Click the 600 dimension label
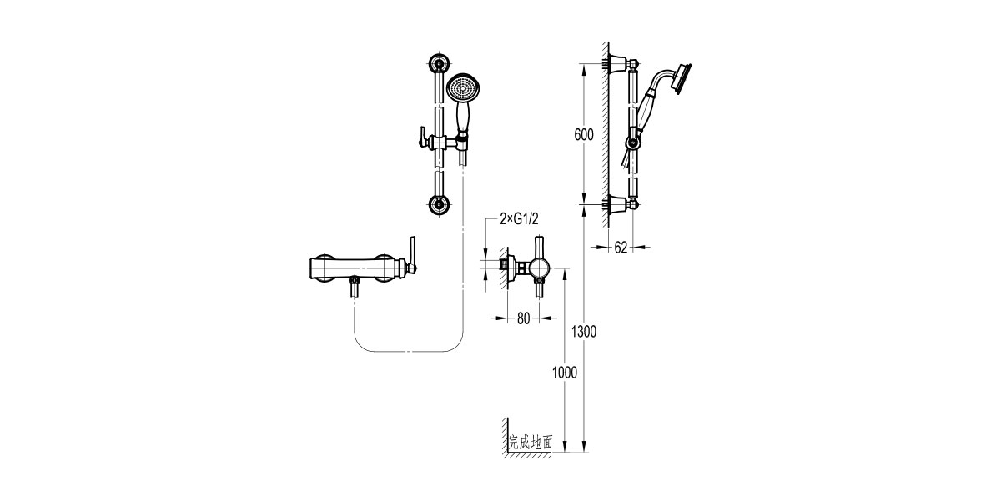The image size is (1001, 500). pos(584,134)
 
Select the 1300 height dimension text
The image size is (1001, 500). pos(584,332)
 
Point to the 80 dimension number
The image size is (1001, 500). pos(524,317)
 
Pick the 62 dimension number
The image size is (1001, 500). pos(620,247)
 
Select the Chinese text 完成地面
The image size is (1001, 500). pos(531,443)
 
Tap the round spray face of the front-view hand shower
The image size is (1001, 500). pos(464,87)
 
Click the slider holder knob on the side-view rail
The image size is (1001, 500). pos(634,142)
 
